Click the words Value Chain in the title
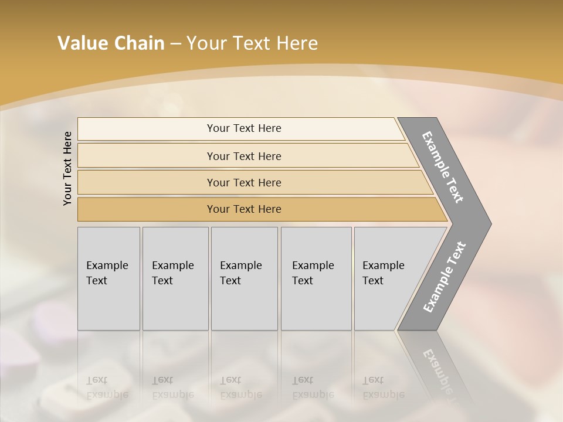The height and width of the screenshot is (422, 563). [x=111, y=43]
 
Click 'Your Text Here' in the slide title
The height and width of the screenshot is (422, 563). [x=252, y=43]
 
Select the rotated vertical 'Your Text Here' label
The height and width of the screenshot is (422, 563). [x=67, y=168]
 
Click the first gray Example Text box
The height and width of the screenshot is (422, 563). [x=108, y=278]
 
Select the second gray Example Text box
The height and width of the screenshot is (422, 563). [x=175, y=278]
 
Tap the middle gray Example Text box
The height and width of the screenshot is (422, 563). [x=244, y=278]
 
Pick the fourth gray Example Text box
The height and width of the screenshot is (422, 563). [x=316, y=278]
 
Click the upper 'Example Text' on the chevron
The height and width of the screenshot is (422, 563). [x=443, y=167]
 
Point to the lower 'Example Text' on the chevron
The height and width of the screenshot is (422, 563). [x=444, y=277]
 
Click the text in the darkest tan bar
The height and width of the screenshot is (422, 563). [x=244, y=209]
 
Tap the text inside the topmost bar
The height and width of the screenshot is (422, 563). [x=244, y=128]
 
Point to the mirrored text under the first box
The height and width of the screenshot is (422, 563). [x=107, y=387]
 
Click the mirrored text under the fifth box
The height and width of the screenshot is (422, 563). [x=383, y=387]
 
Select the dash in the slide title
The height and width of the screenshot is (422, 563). [x=175, y=44]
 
